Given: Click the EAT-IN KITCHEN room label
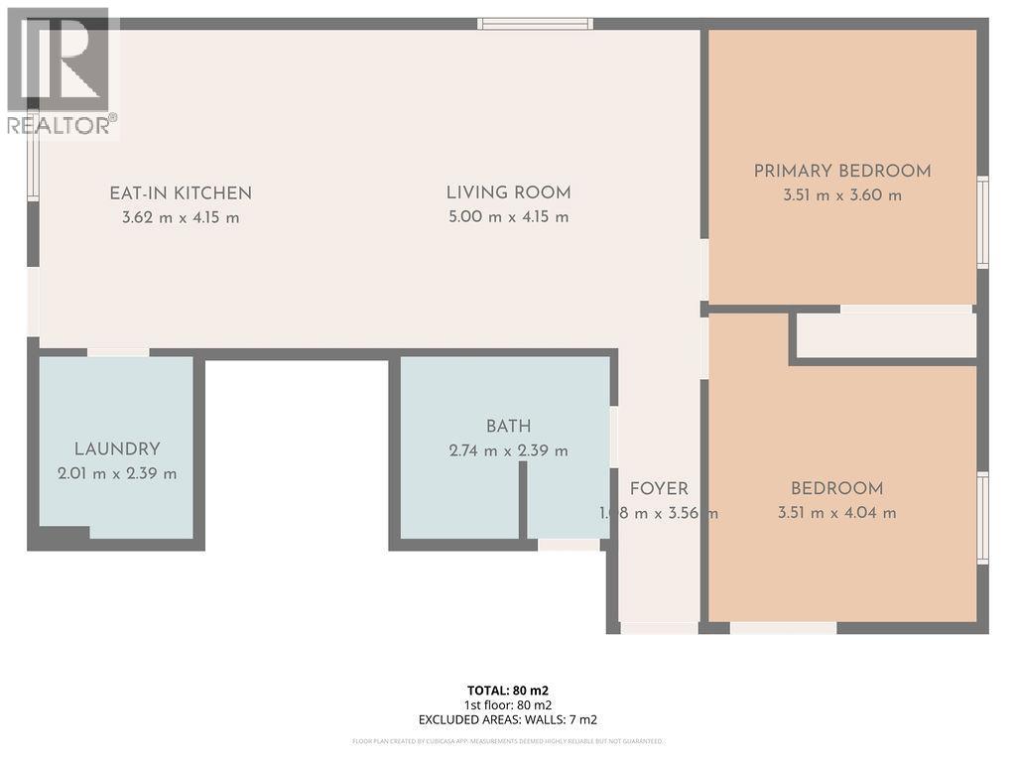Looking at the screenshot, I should [181, 193].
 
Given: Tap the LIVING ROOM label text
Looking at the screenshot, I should [508, 193].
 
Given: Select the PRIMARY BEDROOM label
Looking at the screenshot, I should [842, 171].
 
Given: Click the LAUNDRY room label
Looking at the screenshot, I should [117, 449].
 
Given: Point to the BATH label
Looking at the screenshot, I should [508, 427].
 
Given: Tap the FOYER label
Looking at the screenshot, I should [659, 489].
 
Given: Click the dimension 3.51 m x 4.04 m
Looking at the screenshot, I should [837, 513].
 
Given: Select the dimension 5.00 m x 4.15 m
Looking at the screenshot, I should [508, 217].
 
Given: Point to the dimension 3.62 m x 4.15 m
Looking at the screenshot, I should [181, 217].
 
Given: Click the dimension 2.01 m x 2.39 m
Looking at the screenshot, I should [117, 473].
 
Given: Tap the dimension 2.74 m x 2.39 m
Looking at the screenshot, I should [508, 450].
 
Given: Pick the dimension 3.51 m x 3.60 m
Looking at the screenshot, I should [842, 195].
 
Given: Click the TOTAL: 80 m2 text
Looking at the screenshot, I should [508, 691].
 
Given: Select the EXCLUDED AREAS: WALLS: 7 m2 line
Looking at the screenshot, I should [508, 720].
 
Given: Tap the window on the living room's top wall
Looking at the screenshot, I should [535, 24].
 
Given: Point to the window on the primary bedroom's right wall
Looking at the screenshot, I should [982, 222].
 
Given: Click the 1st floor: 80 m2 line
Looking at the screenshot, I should [508, 705].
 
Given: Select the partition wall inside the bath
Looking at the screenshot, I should [523, 499].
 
